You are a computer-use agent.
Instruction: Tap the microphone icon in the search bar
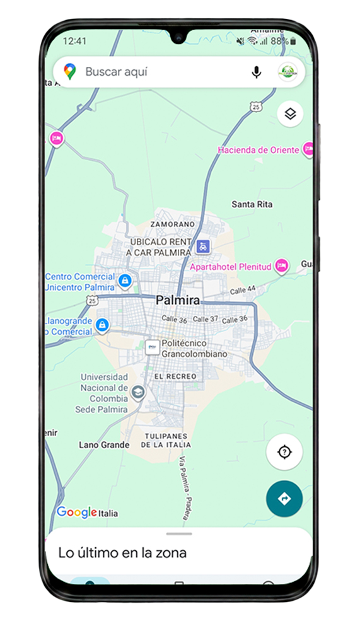click(256, 72)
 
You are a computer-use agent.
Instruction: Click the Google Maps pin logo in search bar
click(70, 72)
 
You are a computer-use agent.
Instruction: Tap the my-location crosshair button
click(284, 452)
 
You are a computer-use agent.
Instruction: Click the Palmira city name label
click(178, 301)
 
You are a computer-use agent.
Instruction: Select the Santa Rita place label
click(252, 204)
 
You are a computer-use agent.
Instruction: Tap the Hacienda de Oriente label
click(259, 150)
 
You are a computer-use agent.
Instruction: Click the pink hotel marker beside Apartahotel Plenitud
click(281, 266)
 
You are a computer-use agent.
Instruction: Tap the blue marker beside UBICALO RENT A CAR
click(202, 246)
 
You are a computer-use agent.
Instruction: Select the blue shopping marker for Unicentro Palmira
click(125, 280)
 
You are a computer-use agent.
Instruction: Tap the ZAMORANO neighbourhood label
click(172, 224)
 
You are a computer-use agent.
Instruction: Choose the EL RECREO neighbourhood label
click(175, 376)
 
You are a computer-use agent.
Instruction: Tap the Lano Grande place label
click(104, 445)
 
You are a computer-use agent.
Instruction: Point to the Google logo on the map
click(76, 512)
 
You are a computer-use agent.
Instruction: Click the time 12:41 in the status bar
click(75, 41)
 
